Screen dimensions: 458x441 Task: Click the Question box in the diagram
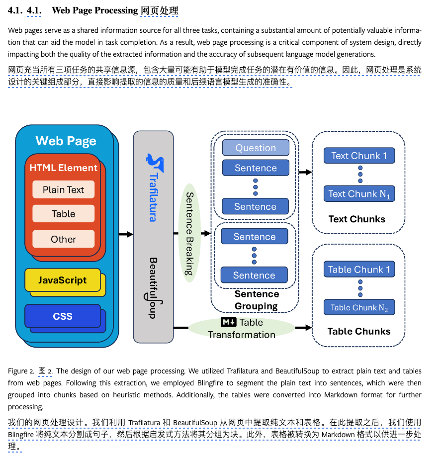pos(256,148)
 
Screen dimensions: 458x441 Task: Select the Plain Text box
pos(63,189)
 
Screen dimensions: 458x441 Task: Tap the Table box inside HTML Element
pos(63,214)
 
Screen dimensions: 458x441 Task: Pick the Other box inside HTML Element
pos(63,239)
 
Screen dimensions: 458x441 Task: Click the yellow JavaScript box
pos(62,280)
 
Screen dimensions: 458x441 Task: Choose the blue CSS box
pos(62,316)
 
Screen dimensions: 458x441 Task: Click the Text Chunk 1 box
pos(359,156)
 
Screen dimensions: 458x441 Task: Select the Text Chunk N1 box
pos(359,194)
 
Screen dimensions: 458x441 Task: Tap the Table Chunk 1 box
pos(359,270)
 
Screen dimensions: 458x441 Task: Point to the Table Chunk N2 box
pos(359,308)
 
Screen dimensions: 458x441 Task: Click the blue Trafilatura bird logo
pos(154,162)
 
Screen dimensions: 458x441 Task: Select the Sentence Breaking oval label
pos(189,233)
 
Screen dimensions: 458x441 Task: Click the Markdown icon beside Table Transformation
pos(228,322)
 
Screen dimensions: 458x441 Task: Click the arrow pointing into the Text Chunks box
pos(305,172)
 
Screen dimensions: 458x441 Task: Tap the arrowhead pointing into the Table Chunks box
pos(308,328)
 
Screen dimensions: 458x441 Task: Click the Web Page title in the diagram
pos(66,141)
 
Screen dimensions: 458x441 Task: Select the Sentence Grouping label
pos(256,300)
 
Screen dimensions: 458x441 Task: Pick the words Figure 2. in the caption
pos(21,371)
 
